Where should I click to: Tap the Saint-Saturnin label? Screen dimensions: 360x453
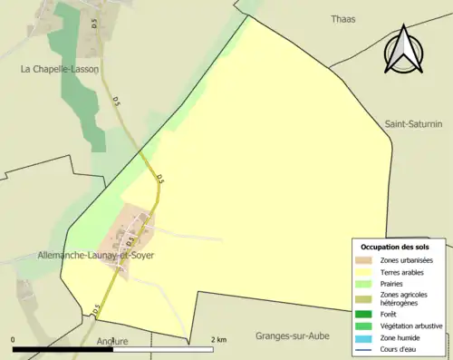413,124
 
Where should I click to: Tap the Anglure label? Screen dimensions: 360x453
111,342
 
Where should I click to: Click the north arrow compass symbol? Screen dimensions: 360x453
404,51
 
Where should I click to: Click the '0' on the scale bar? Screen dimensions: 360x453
14,339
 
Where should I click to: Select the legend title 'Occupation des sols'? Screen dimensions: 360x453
395,247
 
